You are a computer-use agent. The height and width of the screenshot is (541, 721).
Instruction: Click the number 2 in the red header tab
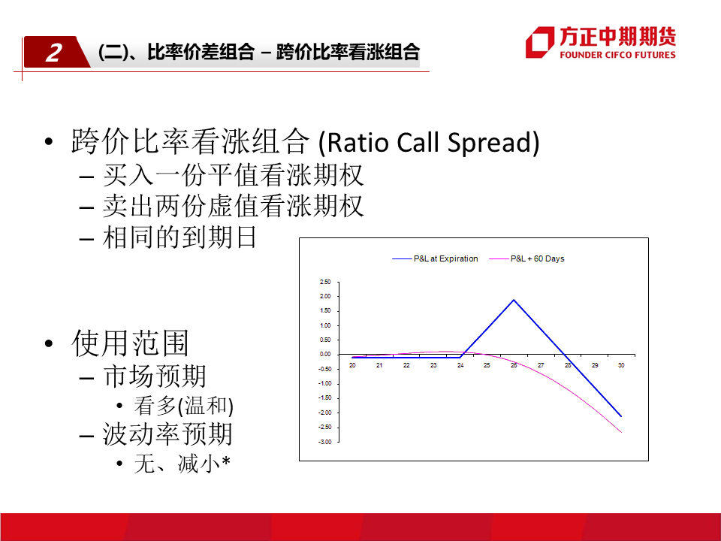[x=54, y=53]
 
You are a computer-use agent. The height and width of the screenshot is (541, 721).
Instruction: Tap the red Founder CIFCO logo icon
[x=540, y=42]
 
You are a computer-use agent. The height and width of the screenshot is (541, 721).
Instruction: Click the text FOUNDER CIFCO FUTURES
[x=617, y=55]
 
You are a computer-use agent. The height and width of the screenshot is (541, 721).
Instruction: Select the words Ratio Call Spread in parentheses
[x=429, y=142]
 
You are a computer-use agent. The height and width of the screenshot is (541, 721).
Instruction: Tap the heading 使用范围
[x=130, y=343]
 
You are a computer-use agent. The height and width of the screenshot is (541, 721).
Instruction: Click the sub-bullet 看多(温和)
[x=184, y=406]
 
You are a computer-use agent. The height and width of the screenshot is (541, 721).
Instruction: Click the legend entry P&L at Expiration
[x=435, y=258]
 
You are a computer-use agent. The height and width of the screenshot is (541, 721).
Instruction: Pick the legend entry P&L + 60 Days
[x=526, y=258]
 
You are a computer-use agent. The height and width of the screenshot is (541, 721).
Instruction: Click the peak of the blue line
[x=514, y=300]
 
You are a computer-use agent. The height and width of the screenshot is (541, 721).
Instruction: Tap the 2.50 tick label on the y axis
[x=325, y=282]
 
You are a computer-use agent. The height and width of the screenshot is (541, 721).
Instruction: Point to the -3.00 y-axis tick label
[x=324, y=442]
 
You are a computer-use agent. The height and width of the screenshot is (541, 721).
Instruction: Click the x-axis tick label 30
[x=621, y=365]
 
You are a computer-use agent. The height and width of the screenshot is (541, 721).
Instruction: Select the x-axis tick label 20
[x=352, y=365]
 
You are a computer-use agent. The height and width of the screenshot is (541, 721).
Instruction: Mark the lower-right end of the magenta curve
[x=621, y=433]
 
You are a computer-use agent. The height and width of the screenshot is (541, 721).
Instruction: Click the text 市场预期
[x=155, y=376]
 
